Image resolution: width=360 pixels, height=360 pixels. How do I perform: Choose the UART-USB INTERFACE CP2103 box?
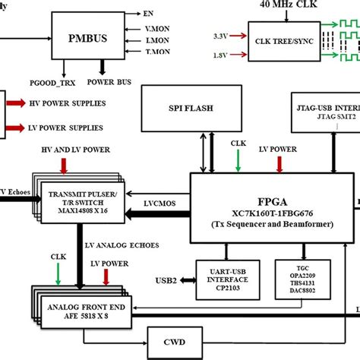[x=226, y=278]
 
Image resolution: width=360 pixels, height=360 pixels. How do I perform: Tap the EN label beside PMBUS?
[x=147, y=14]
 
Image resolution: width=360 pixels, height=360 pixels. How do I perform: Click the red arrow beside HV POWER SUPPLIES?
[x=16, y=103]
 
